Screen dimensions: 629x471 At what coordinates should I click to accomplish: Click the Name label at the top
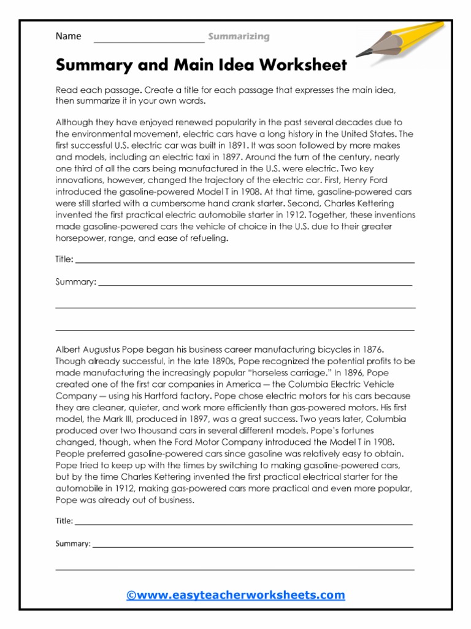pyautogui.click(x=68, y=36)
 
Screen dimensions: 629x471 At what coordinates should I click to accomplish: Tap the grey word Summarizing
pyautogui.click(x=239, y=37)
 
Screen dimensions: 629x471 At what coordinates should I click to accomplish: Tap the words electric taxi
pyautogui.click(x=182, y=157)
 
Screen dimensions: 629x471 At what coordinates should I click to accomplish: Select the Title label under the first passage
pyautogui.click(x=64, y=260)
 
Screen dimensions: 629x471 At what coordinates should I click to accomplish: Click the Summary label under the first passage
pyautogui.click(x=75, y=283)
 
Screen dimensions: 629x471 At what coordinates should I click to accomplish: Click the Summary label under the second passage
pyautogui.click(x=73, y=544)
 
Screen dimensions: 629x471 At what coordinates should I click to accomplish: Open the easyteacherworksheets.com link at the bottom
pyautogui.click(x=235, y=595)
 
